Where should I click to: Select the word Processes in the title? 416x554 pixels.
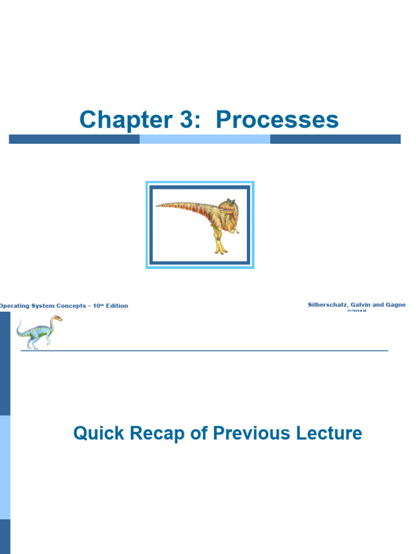click(x=277, y=120)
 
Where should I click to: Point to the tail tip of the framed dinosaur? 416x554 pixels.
click(x=158, y=205)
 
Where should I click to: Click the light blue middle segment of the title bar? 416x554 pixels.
click(x=205, y=139)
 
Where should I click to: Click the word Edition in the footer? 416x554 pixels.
click(x=117, y=306)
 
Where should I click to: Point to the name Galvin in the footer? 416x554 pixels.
click(x=361, y=305)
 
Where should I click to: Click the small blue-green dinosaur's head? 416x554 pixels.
click(x=56, y=319)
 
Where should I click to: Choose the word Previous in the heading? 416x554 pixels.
click(x=247, y=433)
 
